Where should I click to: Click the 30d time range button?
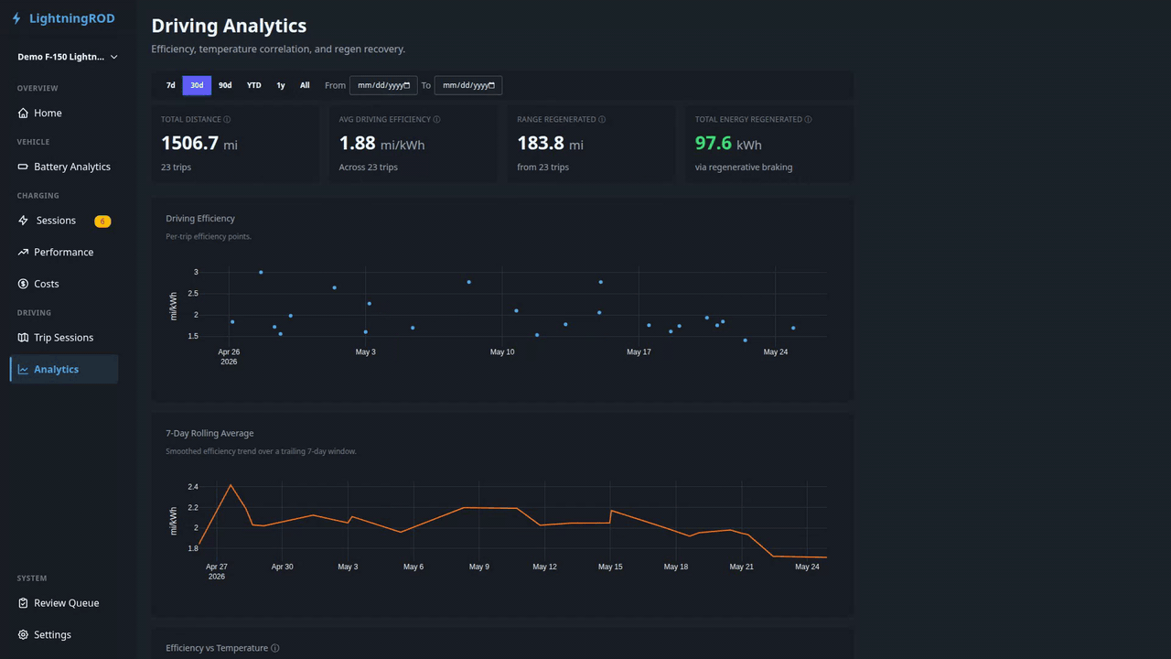[197, 85]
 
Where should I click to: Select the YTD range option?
[253, 85]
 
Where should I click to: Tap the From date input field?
[383, 85]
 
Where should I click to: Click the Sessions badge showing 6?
[102, 221]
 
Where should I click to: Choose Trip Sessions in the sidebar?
[64, 338]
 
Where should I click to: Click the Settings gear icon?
[23, 634]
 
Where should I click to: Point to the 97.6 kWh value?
[727, 144]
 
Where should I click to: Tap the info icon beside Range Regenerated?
[602, 120]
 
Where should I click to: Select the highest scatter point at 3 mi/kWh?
[261, 273]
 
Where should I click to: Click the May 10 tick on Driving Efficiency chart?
[502, 352]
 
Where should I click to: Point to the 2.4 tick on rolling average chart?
[193, 487]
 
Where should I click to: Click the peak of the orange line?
[231, 485]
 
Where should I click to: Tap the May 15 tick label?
[610, 567]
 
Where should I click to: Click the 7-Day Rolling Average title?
[209, 433]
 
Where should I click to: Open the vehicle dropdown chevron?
[114, 57]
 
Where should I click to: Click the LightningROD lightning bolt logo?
[16, 18]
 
